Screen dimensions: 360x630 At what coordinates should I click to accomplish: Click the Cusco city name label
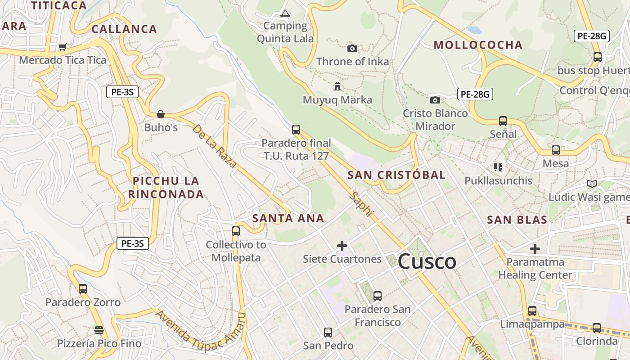pyautogui.click(x=427, y=261)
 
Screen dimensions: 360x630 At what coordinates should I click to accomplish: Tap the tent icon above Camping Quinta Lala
pyautogui.click(x=285, y=13)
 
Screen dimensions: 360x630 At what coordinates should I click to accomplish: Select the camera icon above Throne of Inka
pyautogui.click(x=352, y=48)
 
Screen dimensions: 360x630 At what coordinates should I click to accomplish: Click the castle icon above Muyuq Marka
pyautogui.click(x=337, y=86)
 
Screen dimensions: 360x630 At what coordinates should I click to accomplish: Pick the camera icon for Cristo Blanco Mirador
pyautogui.click(x=435, y=100)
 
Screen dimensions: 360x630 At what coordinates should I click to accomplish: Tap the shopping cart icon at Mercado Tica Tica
pyautogui.click(x=63, y=47)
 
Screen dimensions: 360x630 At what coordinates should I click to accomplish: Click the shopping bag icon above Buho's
pyautogui.click(x=161, y=114)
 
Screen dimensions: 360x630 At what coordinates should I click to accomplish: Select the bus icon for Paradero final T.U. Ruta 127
pyautogui.click(x=296, y=130)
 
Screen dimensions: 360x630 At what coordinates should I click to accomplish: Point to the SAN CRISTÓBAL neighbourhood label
pyautogui.click(x=396, y=175)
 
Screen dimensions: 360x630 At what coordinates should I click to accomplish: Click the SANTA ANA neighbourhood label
pyautogui.click(x=288, y=219)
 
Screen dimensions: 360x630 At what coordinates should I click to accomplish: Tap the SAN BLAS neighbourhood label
pyautogui.click(x=517, y=220)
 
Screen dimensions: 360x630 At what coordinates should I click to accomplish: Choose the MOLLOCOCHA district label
pyautogui.click(x=478, y=45)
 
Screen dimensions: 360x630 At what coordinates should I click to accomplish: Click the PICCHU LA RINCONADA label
pyautogui.click(x=166, y=188)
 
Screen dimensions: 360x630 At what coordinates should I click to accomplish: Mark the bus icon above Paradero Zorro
pyautogui.click(x=83, y=289)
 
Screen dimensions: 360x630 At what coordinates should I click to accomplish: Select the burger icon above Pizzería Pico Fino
pyautogui.click(x=99, y=330)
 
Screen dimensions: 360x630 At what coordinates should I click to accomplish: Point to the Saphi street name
pyautogui.click(x=362, y=204)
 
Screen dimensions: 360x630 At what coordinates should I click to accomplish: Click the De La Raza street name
pyautogui.click(x=214, y=146)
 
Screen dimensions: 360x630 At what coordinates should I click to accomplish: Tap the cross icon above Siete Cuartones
pyautogui.click(x=342, y=246)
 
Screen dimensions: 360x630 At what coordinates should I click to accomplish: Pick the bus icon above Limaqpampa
pyautogui.click(x=532, y=311)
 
